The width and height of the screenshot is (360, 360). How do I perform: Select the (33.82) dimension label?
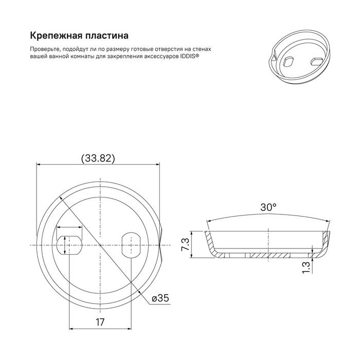(98, 158)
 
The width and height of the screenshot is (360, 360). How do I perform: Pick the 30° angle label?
(268, 207)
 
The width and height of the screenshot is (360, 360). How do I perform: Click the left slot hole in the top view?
(70, 245)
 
